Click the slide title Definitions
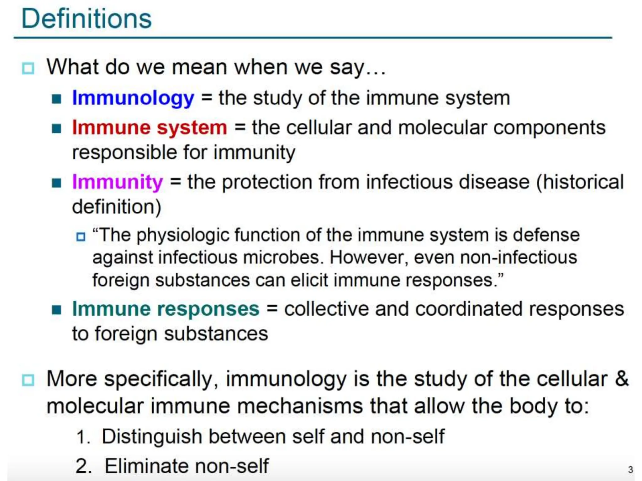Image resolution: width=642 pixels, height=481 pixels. (87, 19)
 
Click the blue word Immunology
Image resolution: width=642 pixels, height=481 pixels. (133, 98)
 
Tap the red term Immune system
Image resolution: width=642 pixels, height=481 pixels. (150, 128)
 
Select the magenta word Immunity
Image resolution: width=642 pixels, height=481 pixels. (118, 182)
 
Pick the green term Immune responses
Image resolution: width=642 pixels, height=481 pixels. (166, 309)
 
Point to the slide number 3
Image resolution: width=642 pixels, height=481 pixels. (630, 470)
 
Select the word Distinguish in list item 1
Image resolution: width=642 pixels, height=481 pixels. (152, 437)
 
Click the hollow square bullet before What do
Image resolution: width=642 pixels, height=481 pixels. (28, 68)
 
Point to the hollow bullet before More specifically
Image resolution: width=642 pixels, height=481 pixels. (28, 380)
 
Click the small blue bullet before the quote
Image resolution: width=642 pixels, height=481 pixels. (81, 236)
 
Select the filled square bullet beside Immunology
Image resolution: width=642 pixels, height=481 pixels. (57, 99)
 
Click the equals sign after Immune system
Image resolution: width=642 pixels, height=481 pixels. (239, 128)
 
